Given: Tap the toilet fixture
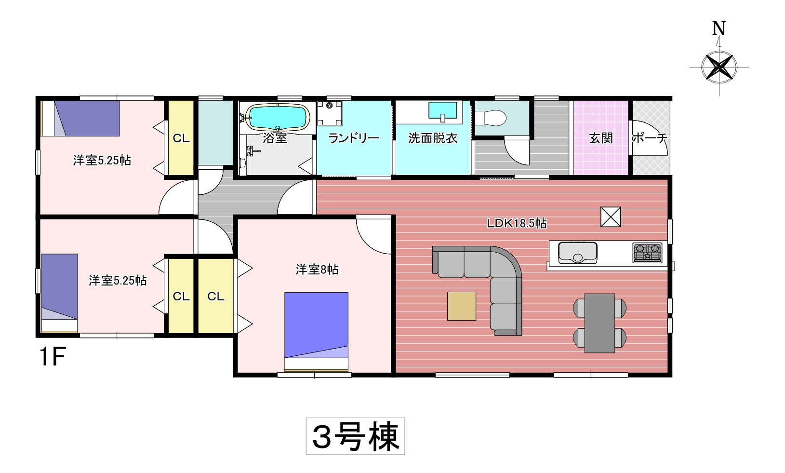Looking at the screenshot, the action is (x=491, y=118).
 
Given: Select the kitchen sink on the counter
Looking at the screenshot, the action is (x=577, y=253).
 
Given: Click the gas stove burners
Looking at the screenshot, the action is (x=647, y=253).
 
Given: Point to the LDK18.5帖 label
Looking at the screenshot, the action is (x=517, y=223).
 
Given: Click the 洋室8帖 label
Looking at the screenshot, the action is (x=317, y=269).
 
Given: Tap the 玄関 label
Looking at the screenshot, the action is (x=600, y=138).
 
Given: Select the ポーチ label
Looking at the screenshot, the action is (x=650, y=138).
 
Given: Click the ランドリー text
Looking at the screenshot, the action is (x=354, y=138).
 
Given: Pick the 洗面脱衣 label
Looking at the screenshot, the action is (x=433, y=138).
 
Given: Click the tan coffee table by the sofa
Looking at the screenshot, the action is (x=462, y=306).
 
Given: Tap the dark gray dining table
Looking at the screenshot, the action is (x=599, y=323).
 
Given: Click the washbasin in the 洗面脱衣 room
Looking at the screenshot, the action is (x=442, y=111).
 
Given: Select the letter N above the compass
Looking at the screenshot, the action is (x=719, y=29).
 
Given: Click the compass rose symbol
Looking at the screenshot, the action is (x=719, y=68).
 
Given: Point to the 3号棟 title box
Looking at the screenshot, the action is (x=355, y=436).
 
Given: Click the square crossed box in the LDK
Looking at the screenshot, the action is (x=611, y=216).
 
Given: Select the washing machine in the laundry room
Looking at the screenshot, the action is (x=330, y=113).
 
